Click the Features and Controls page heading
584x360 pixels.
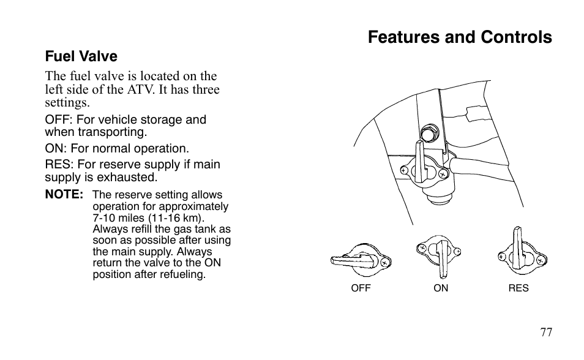[460, 37]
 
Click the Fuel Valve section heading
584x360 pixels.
[81, 56]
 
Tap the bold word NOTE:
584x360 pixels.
[64, 195]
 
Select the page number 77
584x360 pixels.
[547, 332]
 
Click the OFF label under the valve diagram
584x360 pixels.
[361, 288]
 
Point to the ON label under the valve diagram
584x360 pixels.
[441, 288]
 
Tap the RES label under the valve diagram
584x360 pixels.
[518, 288]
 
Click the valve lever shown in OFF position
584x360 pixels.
[353, 260]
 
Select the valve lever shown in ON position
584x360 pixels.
[443, 260]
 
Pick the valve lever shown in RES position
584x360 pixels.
[518, 247]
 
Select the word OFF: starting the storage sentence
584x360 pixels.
[59, 119]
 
